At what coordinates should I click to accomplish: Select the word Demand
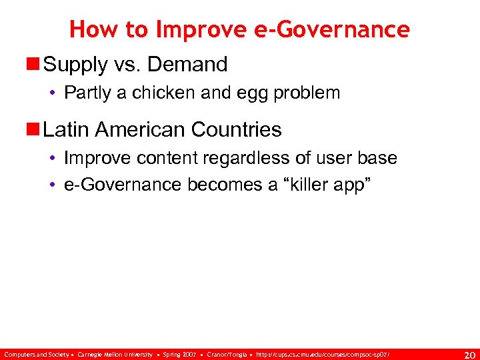[188, 65]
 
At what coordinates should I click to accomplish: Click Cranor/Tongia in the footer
[229, 353]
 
